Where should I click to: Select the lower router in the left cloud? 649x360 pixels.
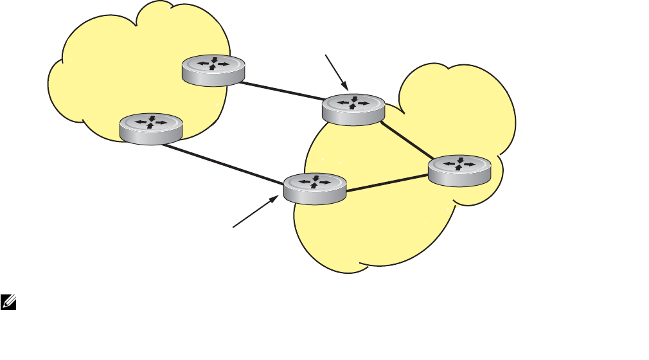152,127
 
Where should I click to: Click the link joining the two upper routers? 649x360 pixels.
283,91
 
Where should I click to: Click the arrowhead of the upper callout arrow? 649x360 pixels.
346,87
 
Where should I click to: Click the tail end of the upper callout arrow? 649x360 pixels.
326,56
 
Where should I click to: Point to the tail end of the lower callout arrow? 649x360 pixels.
233,226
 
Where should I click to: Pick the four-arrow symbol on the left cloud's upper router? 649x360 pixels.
213,64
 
